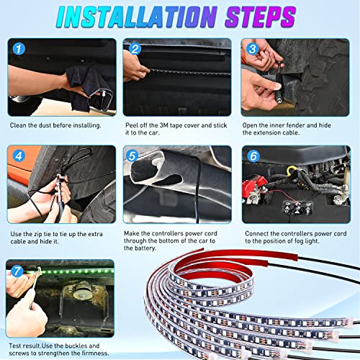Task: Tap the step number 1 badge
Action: coord(19,49)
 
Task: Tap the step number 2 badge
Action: coord(134,49)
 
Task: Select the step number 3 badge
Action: coord(251,49)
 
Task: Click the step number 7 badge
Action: coord(19,271)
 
